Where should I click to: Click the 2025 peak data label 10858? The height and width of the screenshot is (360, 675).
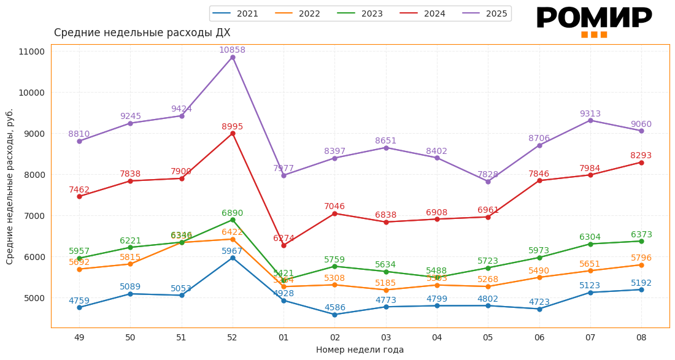pos(232,50)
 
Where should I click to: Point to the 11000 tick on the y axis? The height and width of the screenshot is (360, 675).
pos(32,52)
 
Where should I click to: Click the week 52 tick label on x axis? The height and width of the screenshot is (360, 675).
pos(232,337)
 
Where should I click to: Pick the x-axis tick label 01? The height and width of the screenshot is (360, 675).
pos(283,337)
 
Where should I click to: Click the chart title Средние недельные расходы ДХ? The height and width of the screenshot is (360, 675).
pos(142,33)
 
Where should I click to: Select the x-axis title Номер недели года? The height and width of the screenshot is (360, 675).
pos(360,350)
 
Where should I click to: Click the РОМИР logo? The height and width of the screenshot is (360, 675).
pos(593,20)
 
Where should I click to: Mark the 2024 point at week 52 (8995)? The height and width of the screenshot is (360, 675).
pos(233,134)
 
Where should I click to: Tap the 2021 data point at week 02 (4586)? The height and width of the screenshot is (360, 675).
pos(334,315)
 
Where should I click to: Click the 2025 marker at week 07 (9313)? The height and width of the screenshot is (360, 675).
pos(590,120)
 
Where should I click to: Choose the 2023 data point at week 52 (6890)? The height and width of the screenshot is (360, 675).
pos(233,220)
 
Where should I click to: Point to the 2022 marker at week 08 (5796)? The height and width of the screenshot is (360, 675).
pos(641,265)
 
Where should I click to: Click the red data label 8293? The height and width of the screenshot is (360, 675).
pos(641,156)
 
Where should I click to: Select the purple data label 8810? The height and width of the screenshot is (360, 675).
pos(79,134)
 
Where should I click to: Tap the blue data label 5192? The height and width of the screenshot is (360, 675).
pos(641,283)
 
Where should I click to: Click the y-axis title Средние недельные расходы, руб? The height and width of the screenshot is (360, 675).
pos(10,186)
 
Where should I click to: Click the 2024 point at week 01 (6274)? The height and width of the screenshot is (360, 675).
pos(283,245)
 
